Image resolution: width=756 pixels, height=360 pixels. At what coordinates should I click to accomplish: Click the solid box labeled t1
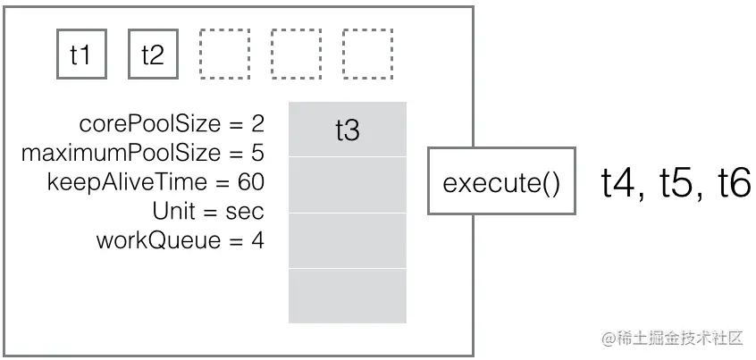(x=81, y=54)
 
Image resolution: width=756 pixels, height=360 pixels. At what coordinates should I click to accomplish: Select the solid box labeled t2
(x=153, y=54)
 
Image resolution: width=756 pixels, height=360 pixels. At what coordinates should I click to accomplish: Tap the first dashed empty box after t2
(x=224, y=54)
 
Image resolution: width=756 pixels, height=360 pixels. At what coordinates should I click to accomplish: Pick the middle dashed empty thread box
(x=296, y=54)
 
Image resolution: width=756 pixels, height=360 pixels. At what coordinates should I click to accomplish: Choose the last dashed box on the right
(x=367, y=54)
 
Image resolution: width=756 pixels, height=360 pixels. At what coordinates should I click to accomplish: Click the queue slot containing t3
(x=347, y=130)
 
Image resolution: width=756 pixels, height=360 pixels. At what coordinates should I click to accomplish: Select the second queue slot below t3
(x=347, y=185)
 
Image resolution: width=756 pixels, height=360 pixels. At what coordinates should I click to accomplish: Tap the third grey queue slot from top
(x=347, y=240)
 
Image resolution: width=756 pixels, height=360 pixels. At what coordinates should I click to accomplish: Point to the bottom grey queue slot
(x=347, y=296)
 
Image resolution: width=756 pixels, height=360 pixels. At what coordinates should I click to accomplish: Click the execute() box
(x=501, y=183)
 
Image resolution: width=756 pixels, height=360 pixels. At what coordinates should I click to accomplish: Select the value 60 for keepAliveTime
(x=250, y=182)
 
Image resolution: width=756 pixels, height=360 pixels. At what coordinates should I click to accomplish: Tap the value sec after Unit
(x=245, y=211)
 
